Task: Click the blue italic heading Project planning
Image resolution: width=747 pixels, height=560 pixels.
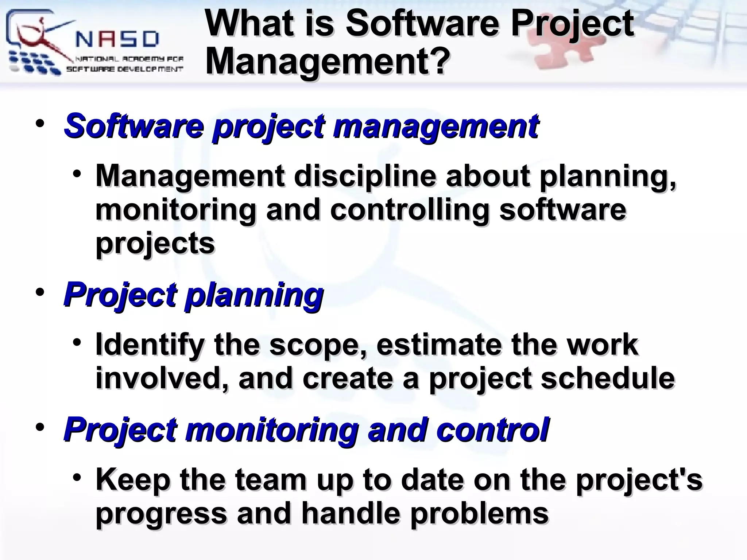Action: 193,295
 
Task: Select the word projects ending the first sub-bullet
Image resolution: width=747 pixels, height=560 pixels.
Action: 155,244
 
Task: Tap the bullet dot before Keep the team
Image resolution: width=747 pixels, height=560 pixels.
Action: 76,477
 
